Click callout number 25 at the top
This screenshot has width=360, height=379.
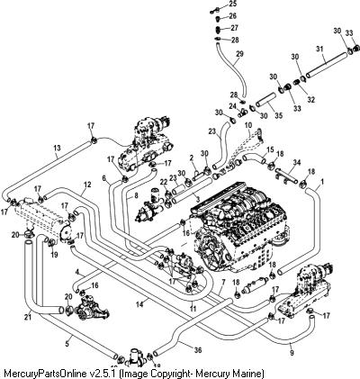[232, 4]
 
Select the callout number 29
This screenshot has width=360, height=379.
[239, 54]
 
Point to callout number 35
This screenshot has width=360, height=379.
[278, 115]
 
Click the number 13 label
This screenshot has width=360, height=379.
[57, 148]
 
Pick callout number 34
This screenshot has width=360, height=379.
[297, 163]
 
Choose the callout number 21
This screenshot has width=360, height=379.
[28, 318]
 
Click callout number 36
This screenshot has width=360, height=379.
[198, 350]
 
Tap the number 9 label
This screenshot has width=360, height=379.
[292, 353]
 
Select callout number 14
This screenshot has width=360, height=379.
[139, 304]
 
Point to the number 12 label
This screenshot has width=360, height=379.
[87, 185]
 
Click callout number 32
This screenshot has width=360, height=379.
[311, 100]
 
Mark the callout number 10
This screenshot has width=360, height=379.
[248, 125]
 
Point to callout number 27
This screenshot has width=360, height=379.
[234, 28]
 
